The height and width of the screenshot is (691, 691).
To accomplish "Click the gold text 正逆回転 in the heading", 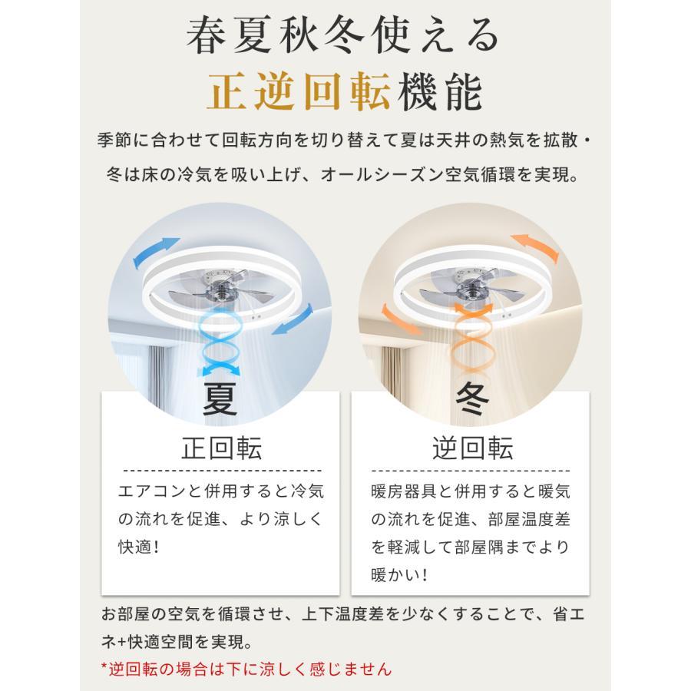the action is [299, 91].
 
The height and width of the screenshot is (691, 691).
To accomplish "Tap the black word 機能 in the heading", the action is [440, 91].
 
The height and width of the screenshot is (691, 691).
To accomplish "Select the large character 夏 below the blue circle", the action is [220, 398].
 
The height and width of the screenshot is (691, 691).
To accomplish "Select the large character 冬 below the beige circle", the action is [472, 398].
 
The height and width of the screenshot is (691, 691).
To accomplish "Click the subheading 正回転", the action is [222, 448].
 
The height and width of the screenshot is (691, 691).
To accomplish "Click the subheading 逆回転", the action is [472, 448].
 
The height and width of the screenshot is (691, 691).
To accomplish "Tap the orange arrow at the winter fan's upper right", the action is [535, 247].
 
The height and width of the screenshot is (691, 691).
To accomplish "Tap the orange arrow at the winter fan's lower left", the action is [400, 319].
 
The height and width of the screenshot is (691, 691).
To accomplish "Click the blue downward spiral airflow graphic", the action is [220, 342].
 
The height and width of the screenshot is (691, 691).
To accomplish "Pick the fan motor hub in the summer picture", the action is [219, 291].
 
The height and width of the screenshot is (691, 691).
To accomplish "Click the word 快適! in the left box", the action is [138, 547].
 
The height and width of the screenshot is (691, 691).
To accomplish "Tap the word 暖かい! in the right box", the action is [399, 575].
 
